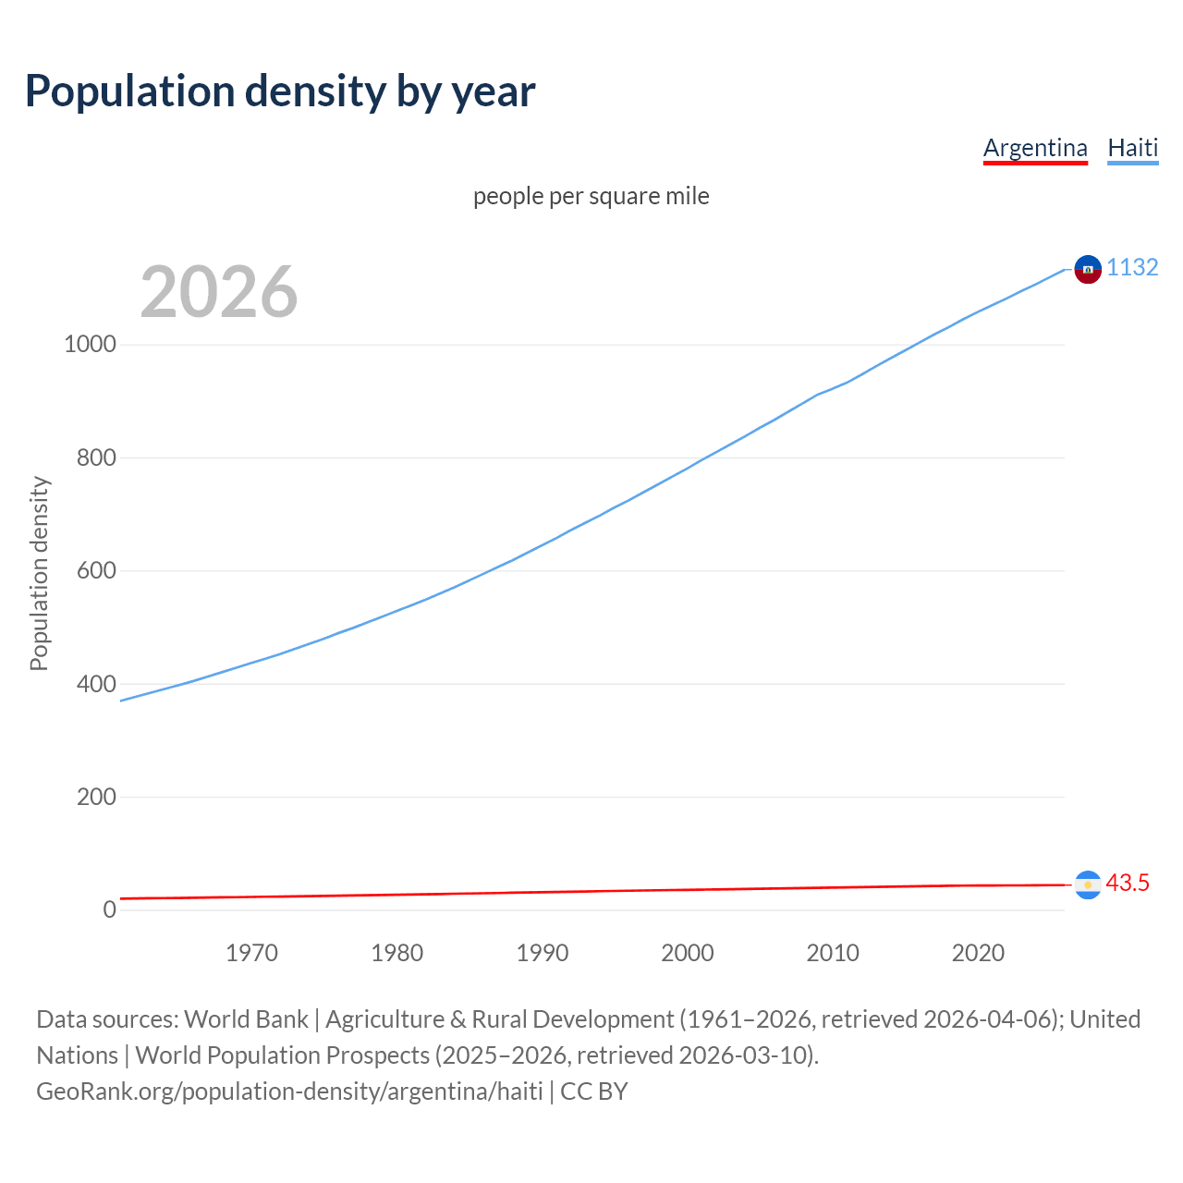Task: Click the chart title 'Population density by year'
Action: click(280, 91)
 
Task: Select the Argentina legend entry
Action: click(1035, 148)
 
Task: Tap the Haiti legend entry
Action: click(1132, 148)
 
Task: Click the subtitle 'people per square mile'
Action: click(591, 197)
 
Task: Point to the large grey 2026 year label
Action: click(219, 292)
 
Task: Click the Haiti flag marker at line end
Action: click(1088, 269)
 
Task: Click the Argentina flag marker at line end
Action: click(1088, 884)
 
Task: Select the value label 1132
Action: click(1132, 268)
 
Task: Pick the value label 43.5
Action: click(1128, 884)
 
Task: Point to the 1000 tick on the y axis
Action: click(91, 345)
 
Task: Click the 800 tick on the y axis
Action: click(96, 457)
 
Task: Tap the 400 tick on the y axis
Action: click(96, 684)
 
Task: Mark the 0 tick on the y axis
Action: click(110, 910)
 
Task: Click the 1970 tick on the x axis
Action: click(251, 953)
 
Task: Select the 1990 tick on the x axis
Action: click(543, 953)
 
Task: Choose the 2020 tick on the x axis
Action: click(978, 953)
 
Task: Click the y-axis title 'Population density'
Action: click(39, 573)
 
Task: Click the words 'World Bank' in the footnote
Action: click(246, 1019)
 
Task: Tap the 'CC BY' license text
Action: click(594, 1092)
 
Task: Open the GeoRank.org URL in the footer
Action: click(289, 1092)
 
